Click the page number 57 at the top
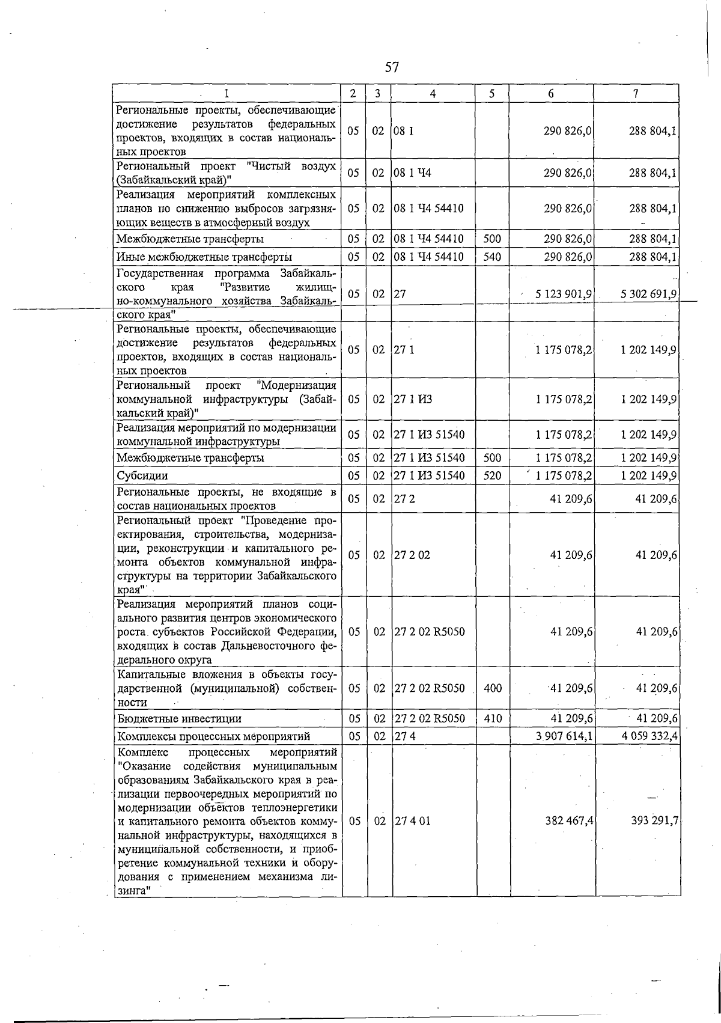(392, 67)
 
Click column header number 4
(433, 93)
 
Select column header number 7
(636, 93)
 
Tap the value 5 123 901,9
(559, 294)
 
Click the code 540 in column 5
(492, 257)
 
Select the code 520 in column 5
(492, 475)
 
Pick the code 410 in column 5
(493, 718)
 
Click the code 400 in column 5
(493, 688)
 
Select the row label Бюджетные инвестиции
(180, 719)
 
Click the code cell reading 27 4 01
(412, 821)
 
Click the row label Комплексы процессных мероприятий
(214, 736)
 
